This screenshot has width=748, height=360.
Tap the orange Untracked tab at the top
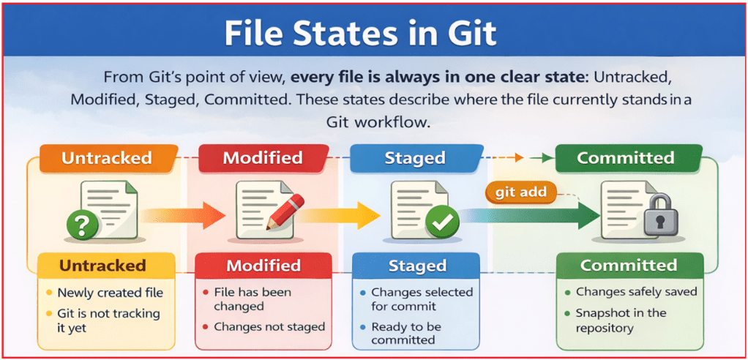click(107, 158)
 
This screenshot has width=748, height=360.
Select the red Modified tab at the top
click(262, 158)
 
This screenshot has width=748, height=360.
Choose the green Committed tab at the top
click(625, 158)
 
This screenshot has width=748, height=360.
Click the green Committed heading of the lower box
click(629, 265)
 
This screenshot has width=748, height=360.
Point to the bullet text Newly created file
click(110, 293)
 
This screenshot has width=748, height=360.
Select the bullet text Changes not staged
click(269, 327)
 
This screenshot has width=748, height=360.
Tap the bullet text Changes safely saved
click(636, 292)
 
